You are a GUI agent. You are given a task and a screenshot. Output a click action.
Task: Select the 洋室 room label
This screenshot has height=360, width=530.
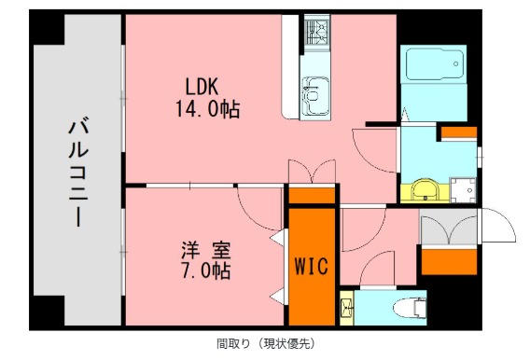[x=206, y=251]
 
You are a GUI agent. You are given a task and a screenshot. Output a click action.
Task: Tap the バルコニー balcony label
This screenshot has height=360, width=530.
[x=77, y=173]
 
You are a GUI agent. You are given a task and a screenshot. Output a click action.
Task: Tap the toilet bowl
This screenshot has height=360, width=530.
[x=407, y=306]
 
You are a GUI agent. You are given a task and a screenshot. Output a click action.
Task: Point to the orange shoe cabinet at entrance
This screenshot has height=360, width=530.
[x=449, y=261]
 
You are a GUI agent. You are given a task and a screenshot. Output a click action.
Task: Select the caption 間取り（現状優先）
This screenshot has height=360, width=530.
[x=264, y=343]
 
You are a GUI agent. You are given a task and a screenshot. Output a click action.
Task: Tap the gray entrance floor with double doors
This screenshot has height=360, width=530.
[x=449, y=229]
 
